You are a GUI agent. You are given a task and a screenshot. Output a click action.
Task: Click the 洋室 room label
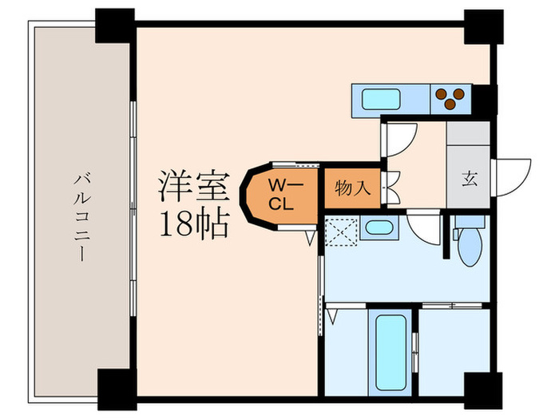click(194, 186)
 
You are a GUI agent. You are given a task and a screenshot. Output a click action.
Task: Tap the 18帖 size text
click(194, 224)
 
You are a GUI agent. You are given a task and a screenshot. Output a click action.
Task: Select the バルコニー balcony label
click(82, 217)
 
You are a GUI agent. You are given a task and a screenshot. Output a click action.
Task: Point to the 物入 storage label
click(353, 188)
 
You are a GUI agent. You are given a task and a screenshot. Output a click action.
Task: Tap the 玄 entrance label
click(470, 179)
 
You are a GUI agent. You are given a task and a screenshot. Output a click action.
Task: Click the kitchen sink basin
click(381, 100)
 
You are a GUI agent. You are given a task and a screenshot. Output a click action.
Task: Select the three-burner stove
click(450, 99)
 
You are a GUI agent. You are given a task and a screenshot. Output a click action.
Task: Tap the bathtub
click(391, 353)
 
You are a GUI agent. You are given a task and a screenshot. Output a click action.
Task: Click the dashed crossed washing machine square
click(342, 232)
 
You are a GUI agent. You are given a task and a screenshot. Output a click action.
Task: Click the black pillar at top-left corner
click(115, 26)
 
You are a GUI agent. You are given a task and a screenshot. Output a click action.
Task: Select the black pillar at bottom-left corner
click(117, 389)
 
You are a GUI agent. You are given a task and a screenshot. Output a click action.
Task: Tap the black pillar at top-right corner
click(483, 26)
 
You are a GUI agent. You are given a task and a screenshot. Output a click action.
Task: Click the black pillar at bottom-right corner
click(483, 390)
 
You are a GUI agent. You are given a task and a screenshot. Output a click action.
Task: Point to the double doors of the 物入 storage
click(391, 187)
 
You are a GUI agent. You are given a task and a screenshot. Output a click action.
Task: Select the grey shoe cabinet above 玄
click(468, 133)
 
